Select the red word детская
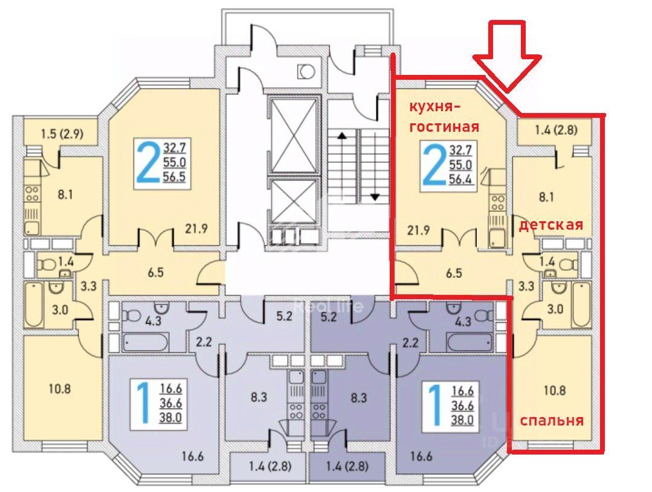[551, 225]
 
